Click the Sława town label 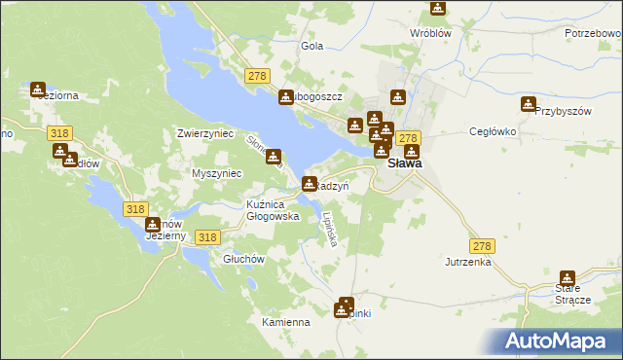pos(405,164)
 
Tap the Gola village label pos(312,46)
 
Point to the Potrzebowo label pos(593,33)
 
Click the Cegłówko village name pos(492,131)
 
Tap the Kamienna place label pos(285,322)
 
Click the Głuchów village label pos(244,259)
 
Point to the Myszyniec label pos(217,173)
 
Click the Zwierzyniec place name pos(205,133)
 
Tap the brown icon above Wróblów pos(438,9)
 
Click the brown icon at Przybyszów pos(529,103)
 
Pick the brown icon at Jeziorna pos(38,90)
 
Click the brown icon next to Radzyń pos(310,183)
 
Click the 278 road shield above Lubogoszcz pos(257,76)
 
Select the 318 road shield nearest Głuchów pos(206,236)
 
